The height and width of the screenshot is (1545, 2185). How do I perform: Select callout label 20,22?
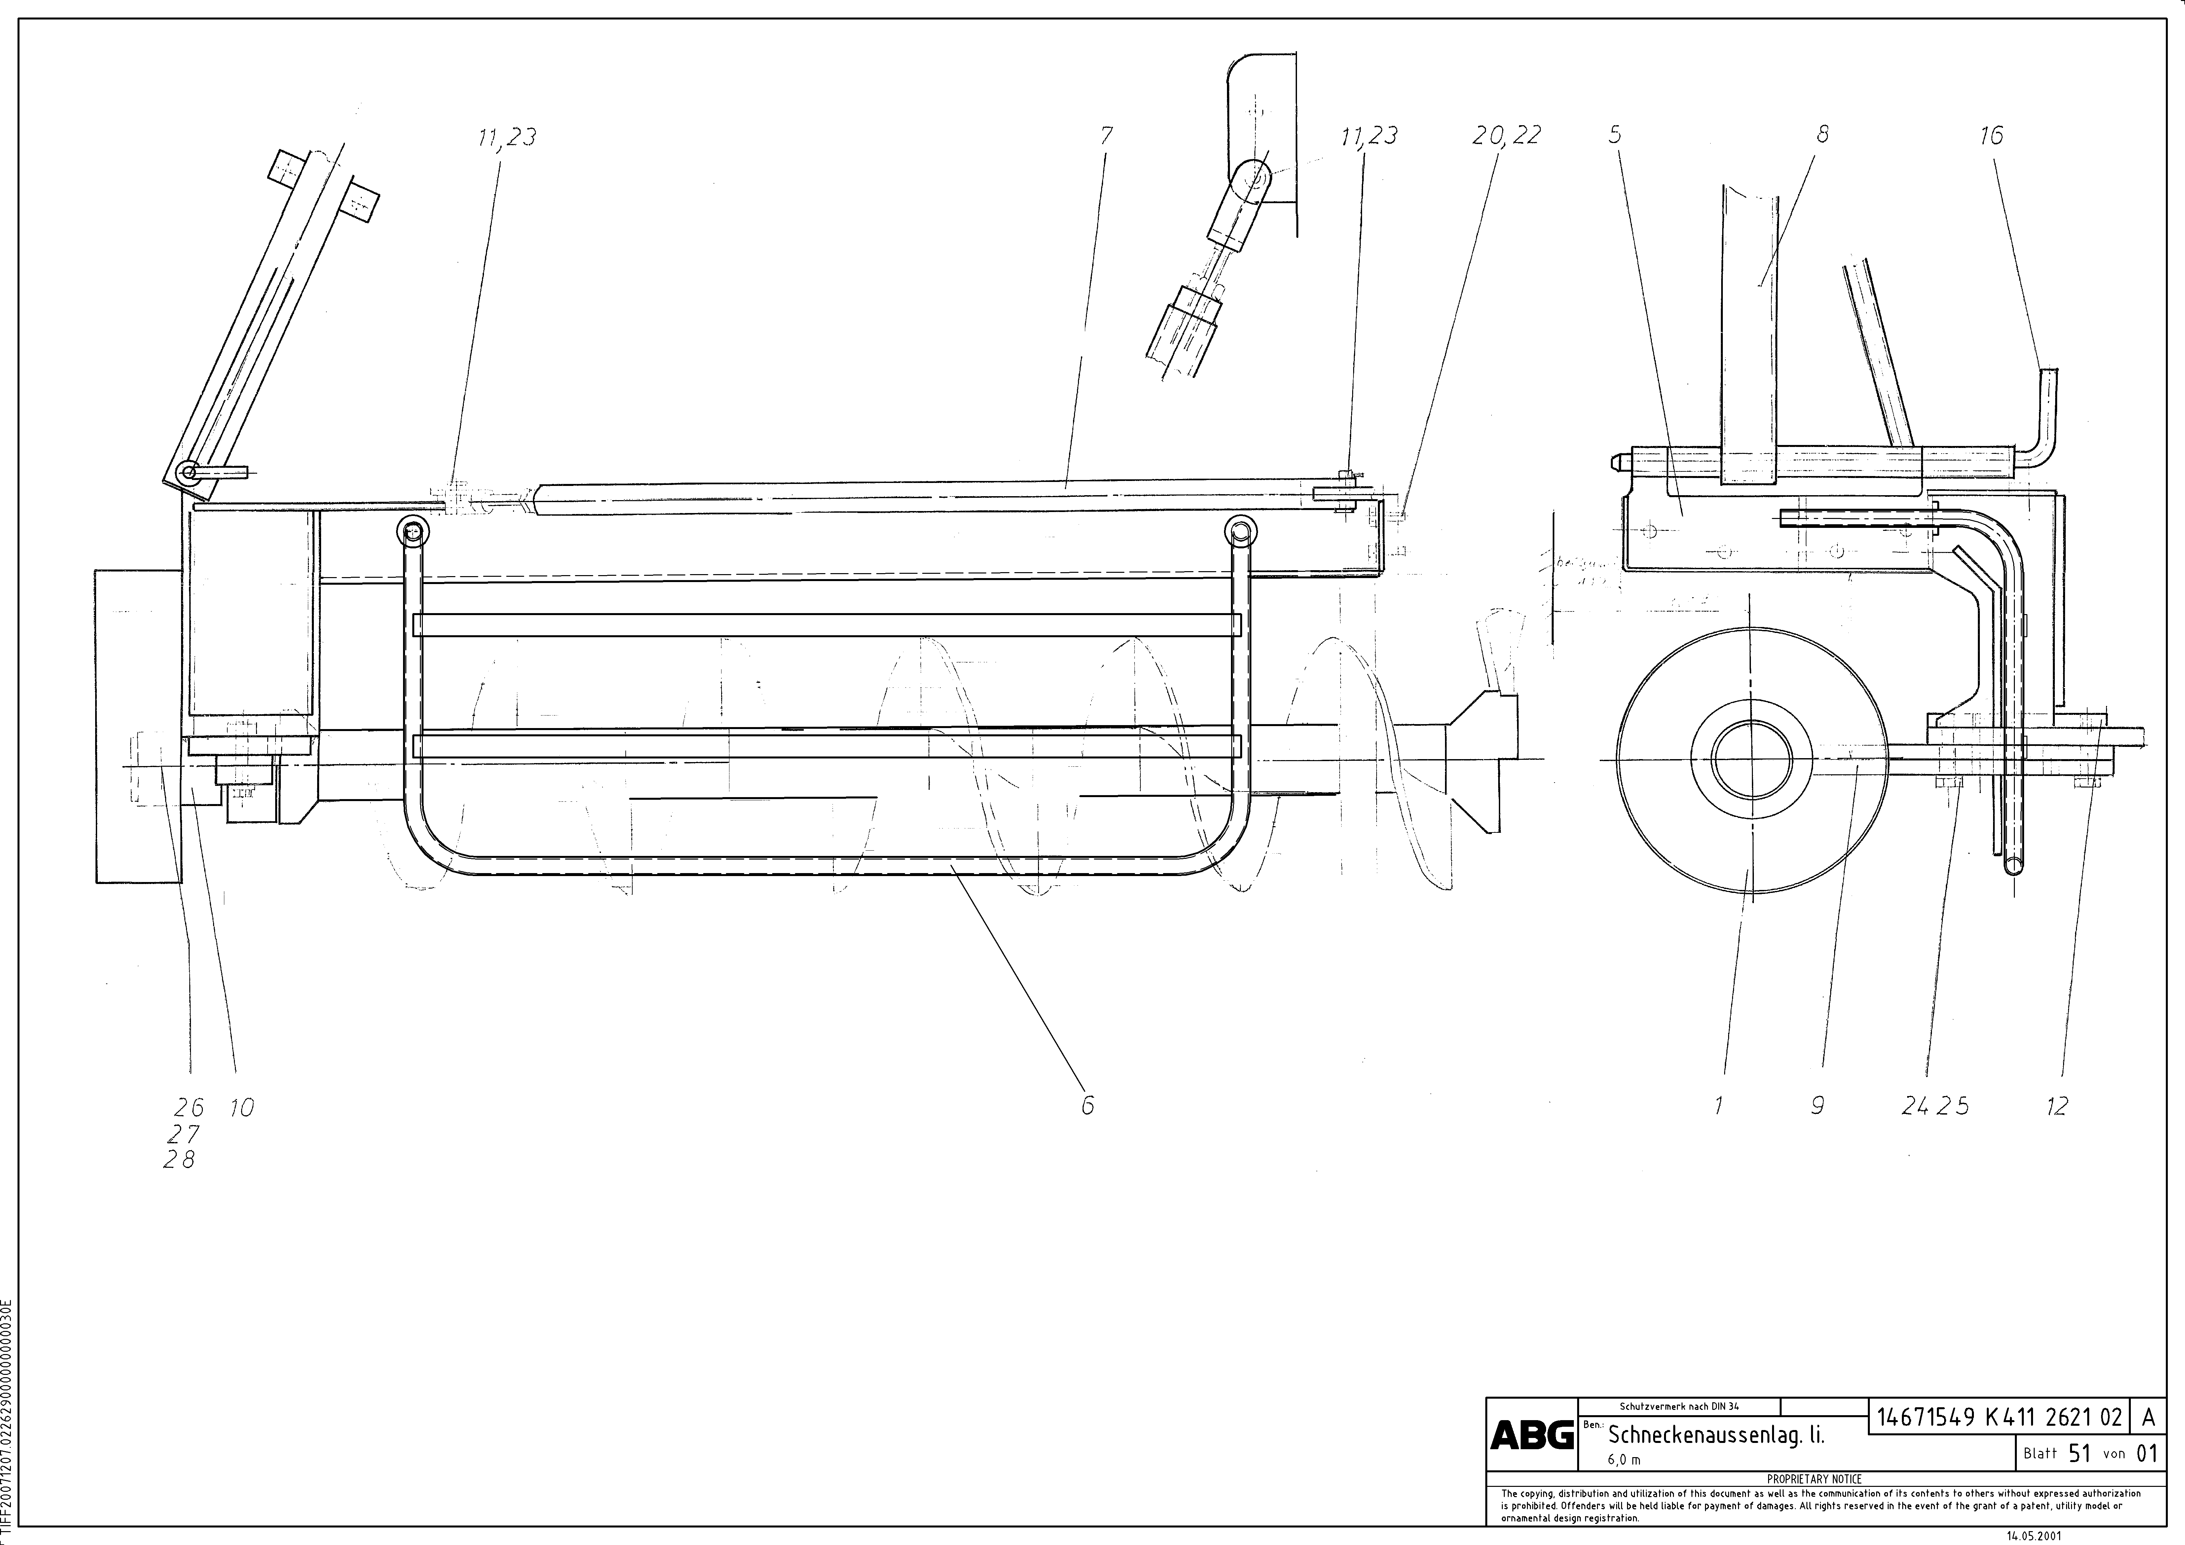click(x=1505, y=136)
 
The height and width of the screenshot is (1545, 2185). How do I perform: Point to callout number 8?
click(x=1822, y=134)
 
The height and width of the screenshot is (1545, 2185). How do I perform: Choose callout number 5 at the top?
click(x=1615, y=134)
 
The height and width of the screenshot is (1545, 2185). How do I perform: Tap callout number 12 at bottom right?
click(x=2056, y=1105)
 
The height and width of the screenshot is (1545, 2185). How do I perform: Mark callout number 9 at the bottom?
click(x=1817, y=1105)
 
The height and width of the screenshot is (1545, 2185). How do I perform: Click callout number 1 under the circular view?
click(x=1719, y=1105)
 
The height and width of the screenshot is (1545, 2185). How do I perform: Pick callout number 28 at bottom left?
click(x=179, y=1160)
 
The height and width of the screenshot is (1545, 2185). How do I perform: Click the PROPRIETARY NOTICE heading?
click(x=1814, y=1479)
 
